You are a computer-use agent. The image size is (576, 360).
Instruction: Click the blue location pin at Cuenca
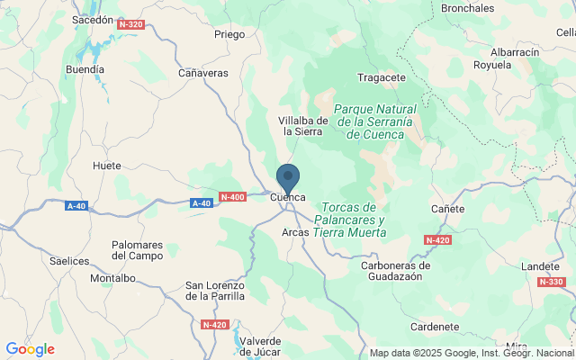[288, 177]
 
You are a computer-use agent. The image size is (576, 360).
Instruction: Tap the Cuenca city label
[288, 197]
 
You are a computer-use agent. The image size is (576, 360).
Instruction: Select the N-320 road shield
[130, 24]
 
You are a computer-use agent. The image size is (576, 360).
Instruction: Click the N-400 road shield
[232, 197]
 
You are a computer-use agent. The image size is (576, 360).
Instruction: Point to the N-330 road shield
[551, 282]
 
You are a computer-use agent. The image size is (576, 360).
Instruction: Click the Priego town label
[229, 35]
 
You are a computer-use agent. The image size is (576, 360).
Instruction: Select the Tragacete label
[382, 77]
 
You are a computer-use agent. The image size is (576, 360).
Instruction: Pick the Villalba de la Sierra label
[302, 125]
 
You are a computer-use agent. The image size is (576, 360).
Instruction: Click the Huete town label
[107, 166]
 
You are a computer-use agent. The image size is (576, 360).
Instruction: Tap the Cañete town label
[447, 209]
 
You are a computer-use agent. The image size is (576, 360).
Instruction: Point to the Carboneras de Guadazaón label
[396, 271]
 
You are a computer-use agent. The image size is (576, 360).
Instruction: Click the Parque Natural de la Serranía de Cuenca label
[374, 121]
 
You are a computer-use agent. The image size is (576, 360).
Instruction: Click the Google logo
[30, 349]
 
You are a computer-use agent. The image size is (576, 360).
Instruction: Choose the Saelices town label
[70, 261]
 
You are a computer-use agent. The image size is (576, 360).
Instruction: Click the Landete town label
[540, 267]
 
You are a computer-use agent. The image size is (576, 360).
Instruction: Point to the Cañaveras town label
[203, 73]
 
